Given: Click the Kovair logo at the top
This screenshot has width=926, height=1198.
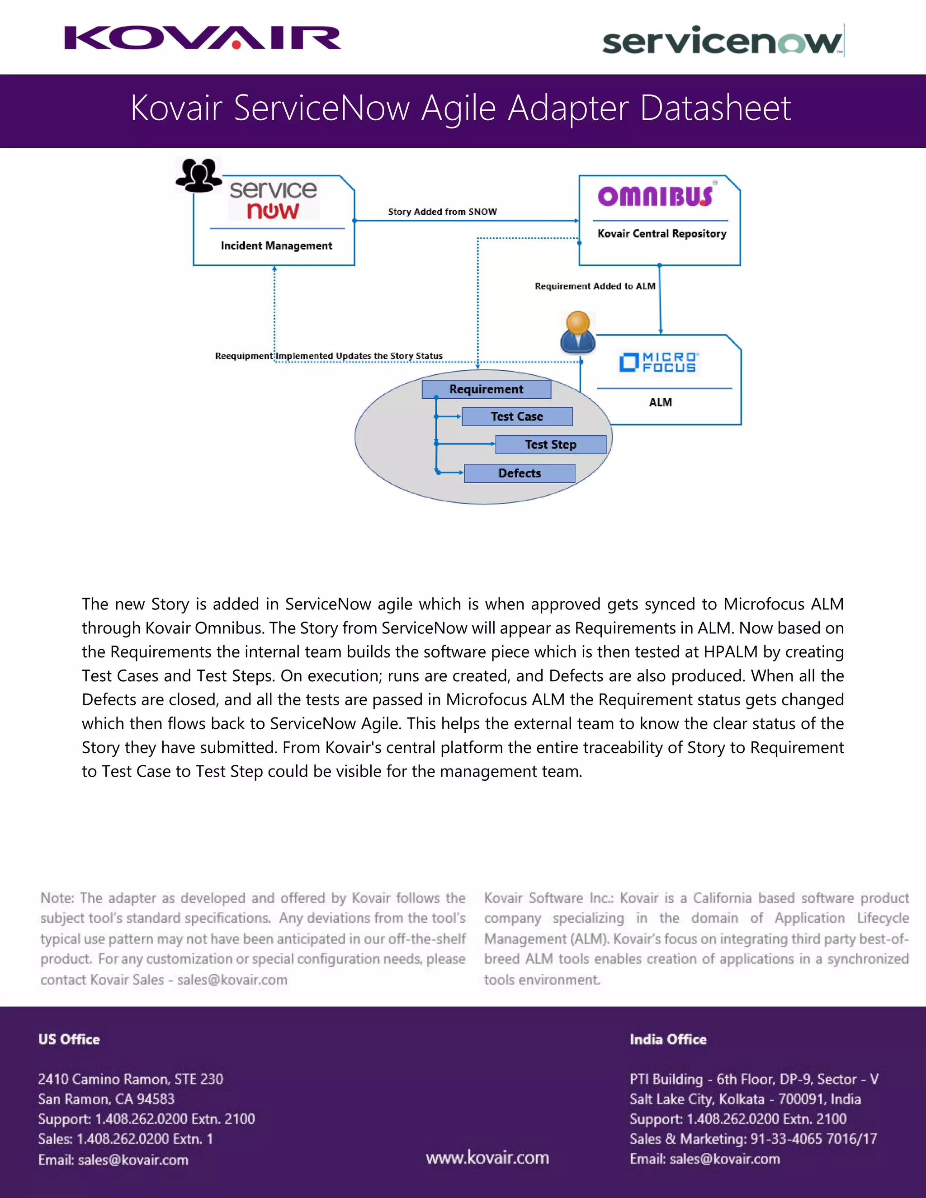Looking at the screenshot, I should point(203,38).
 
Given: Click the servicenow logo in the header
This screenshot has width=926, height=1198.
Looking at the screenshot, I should point(722,41).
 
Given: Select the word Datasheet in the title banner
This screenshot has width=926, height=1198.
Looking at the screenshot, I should point(715,108).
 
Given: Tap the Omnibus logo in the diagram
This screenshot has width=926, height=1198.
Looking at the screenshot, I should point(655,196).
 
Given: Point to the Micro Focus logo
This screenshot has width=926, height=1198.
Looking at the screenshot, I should point(658,363).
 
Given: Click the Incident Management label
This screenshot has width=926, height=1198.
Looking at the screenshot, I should point(276,246).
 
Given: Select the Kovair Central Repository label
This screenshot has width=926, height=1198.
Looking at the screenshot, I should point(661,234).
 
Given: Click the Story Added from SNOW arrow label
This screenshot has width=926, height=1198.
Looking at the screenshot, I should point(442,212).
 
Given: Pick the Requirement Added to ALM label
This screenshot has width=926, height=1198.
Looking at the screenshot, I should point(595,286).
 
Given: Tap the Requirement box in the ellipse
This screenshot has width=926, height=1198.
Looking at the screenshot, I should point(486,389).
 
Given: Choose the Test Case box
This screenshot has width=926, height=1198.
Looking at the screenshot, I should point(517,417).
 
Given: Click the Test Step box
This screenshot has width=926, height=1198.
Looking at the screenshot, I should point(550,445).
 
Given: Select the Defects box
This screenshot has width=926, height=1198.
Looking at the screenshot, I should point(520,473).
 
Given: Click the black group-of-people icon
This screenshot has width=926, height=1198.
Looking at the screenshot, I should point(198,175).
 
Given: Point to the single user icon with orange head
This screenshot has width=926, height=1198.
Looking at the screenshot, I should point(578,332).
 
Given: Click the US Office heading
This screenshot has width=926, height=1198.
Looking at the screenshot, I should point(69,1039).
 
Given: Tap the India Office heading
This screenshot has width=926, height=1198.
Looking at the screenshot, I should point(668,1039).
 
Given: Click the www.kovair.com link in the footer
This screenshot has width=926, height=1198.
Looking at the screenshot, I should point(487,1157).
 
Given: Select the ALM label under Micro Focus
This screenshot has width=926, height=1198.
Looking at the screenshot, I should point(660,403).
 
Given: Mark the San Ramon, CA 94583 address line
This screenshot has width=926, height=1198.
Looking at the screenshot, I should point(106,1099).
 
